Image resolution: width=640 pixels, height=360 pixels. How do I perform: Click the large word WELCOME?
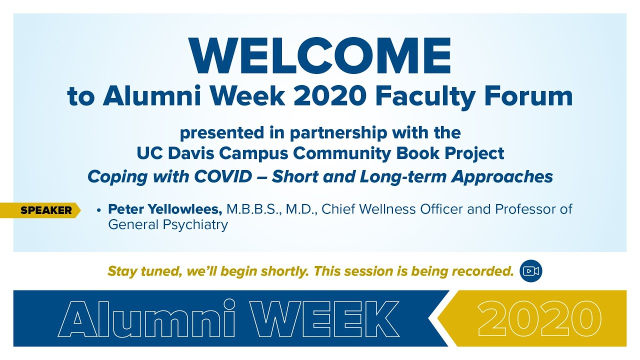pos(320,55)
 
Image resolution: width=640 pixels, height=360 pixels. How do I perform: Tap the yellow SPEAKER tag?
pos(46,210)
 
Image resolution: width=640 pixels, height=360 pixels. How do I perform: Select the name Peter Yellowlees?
pos(165,209)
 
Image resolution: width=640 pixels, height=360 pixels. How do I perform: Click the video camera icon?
pos(531,271)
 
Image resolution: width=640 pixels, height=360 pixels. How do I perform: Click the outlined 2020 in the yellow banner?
pos(539,318)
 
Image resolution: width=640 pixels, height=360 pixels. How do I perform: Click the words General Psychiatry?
pos(168,225)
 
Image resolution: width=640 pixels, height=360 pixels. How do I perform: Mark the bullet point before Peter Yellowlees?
pos(99,210)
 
